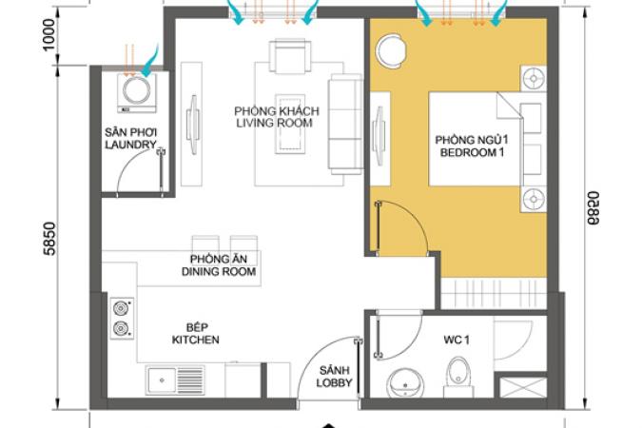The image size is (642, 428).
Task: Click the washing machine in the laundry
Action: [x=137, y=93]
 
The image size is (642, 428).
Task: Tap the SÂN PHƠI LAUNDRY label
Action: [x=130, y=139]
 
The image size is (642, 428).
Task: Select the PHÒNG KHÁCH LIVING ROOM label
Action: [x=277, y=117]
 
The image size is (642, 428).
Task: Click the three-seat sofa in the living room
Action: [x=345, y=125]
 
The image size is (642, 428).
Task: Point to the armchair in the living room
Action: [x=290, y=56]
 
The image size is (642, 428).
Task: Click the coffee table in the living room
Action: [x=290, y=124]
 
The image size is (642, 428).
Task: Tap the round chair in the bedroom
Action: [x=392, y=51]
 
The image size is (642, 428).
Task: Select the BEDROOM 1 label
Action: [x=472, y=152]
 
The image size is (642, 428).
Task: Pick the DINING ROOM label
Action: [x=219, y=271]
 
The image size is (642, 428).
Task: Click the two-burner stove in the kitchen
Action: [x=122, y=319]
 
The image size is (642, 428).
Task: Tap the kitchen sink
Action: [x=175, y=380]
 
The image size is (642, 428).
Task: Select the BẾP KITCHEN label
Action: [x=196, y=334]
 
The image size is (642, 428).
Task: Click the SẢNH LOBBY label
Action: [x=334, y=377]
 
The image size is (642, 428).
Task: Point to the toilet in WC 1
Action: [x=458, y=377]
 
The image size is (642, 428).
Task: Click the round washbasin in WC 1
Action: [x=405, y=383]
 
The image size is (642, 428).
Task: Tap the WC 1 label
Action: [x=457, y=340]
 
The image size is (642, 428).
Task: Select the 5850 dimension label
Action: [x=49, y=239]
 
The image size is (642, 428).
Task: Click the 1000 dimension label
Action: [x=49, y=35]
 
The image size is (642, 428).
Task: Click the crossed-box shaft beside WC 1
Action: [x=523, y=387]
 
